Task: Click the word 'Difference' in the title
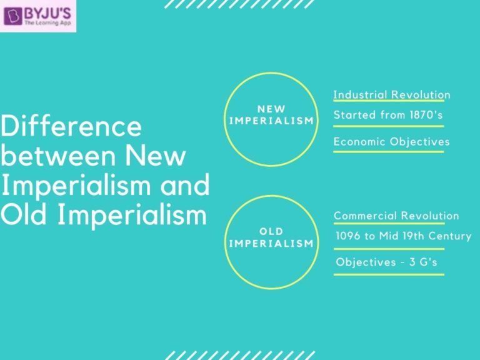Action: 71,127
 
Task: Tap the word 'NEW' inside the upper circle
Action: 271,109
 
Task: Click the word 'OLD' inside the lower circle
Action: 271,232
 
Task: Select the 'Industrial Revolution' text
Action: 392,95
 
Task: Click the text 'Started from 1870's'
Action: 389,115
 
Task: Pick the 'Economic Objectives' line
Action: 391,141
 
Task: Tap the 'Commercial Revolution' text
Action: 396,216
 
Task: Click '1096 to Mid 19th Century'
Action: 403,236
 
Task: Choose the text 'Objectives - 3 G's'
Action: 386,262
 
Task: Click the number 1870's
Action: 429,115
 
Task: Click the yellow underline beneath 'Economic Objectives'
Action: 388,151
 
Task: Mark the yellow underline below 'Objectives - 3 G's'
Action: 388,274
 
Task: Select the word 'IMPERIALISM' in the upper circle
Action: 271,121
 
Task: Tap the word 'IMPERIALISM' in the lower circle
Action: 271,243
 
